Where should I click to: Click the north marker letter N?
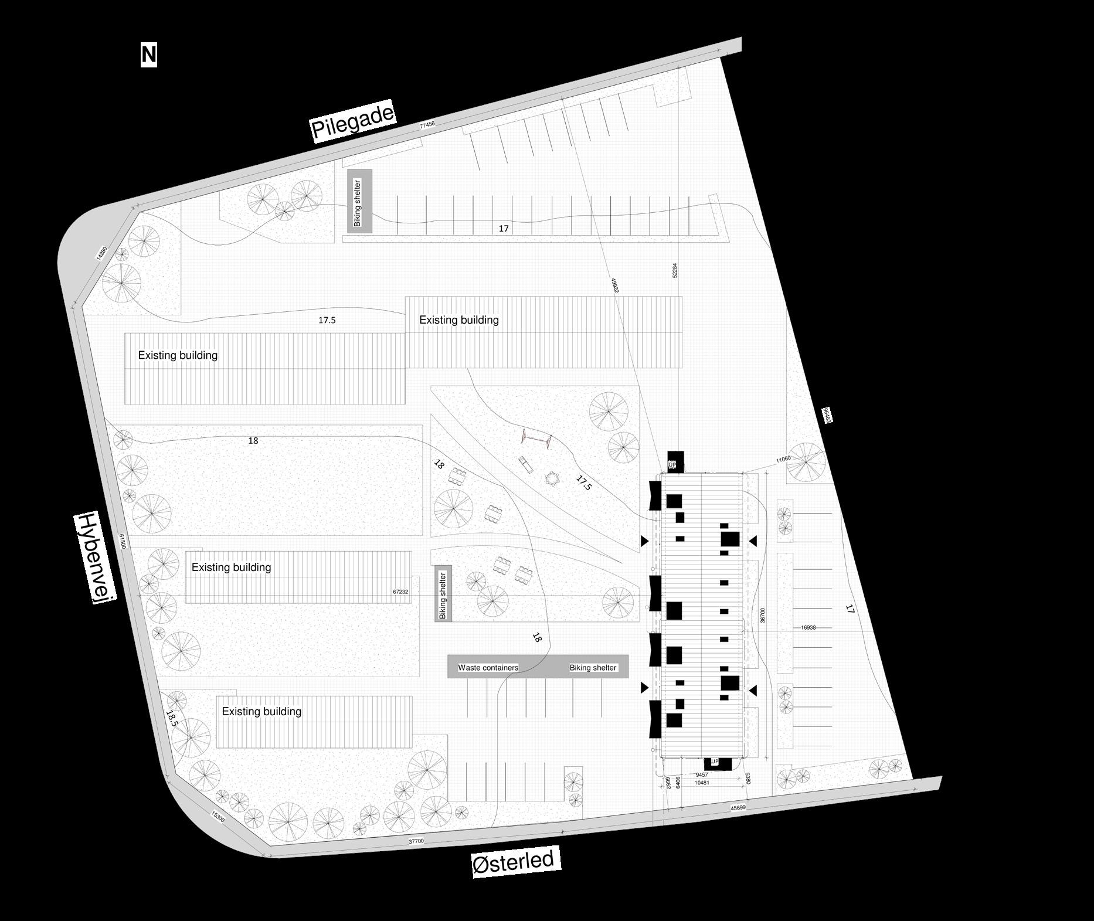coord(149,55)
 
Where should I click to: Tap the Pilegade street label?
coord(353,121)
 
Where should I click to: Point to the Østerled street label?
coord(513,862)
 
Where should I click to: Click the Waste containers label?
coord(488,668)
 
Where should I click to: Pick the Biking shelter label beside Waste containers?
coord(593,668)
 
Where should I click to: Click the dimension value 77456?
coord(427,125)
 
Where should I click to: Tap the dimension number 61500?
coord(122,541)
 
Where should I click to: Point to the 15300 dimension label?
coord(218,816)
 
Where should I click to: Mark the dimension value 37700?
coord(416,841)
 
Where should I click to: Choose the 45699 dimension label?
coord(738,808)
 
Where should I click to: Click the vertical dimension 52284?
coord(675,270)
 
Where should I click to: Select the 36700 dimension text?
coord(763,615)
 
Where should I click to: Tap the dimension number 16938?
coord(808,628)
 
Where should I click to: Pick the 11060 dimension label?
coord(783,459)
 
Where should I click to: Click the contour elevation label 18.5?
coord(171,719)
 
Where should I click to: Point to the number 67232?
coord(400,592)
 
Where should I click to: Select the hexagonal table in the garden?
coord(552,479)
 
